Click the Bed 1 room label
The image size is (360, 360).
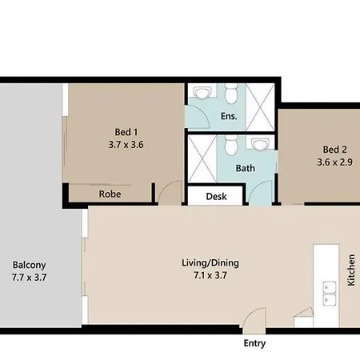126,132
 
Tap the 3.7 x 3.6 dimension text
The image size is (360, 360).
126,145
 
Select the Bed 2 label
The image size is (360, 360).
335,150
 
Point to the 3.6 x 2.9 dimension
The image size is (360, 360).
335,162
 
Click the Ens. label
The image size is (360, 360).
229,116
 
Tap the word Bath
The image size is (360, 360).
246,168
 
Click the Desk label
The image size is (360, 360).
216,197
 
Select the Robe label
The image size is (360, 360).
110,194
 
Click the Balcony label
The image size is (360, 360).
30,265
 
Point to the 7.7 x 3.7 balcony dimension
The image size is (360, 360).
30,278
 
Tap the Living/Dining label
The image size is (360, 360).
210,263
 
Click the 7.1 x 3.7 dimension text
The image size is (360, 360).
210,275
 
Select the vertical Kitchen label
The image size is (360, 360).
351,270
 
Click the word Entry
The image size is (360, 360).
254,343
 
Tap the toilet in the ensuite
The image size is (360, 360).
231,94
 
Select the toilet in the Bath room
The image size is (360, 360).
231,145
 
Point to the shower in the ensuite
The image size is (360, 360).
260,107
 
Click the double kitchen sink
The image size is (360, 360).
330,293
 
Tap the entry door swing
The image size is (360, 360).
254,321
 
